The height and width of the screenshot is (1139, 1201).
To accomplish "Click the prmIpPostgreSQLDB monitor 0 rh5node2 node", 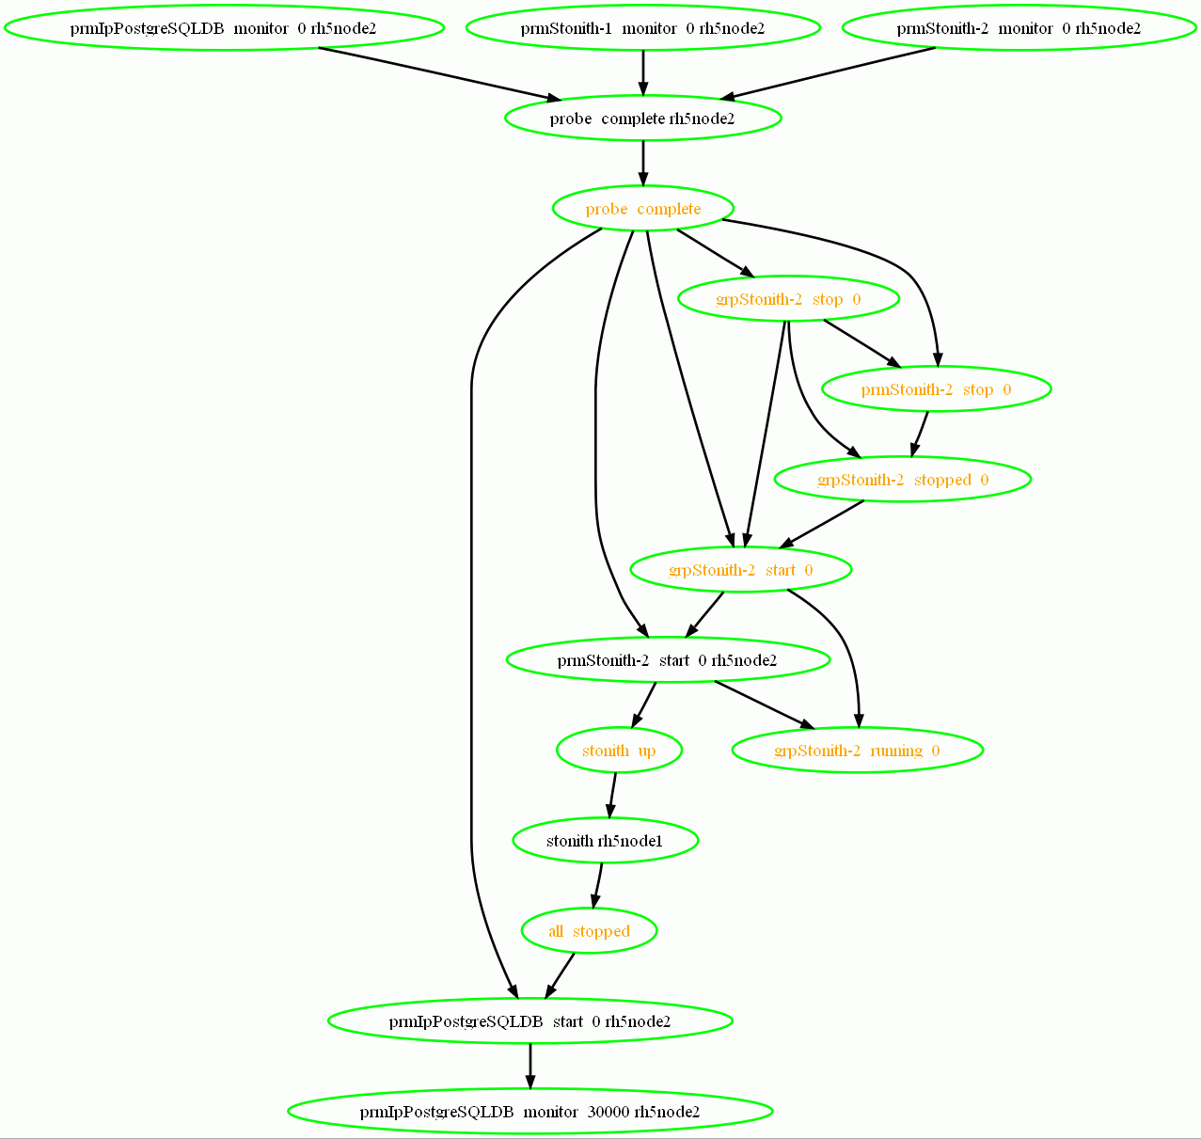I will [x=223, y=28].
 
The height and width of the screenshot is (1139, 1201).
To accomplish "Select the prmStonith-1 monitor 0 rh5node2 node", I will [x=642, y=28].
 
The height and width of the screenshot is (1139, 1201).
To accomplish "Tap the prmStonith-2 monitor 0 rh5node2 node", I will [x=1019, y=28].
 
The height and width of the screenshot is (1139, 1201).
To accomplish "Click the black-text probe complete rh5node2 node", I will [x=642, y=119].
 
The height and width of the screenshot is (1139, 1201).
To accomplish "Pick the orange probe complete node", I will [x=642, y=209].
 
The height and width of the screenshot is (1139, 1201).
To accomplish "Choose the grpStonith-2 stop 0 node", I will [x=788, y=299].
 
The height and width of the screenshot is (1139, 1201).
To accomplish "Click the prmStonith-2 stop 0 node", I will [x=936, y=389].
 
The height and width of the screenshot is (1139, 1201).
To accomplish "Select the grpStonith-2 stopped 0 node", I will [x=903, y=480].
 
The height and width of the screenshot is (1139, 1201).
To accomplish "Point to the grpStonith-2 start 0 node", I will [x=741, y=570].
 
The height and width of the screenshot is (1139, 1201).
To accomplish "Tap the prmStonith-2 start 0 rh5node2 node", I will [x=668, y=660].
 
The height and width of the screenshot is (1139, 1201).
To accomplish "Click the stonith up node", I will [x=619, y=751].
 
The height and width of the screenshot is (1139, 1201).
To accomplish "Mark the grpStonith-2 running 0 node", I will [x=857, y=751].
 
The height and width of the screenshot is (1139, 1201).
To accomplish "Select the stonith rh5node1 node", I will [x=605, y=841].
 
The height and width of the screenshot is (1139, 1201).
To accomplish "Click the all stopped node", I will [x=589, y=931].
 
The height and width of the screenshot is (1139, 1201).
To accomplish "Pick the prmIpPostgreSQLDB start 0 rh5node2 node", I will [x=529, y=1021].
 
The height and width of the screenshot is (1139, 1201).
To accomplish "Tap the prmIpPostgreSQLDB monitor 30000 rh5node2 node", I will [x=529, y=1112].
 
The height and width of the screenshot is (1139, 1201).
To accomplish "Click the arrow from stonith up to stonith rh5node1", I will [x=612, y=796].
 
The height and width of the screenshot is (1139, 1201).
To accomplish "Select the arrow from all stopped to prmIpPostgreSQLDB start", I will [x=561, y=974].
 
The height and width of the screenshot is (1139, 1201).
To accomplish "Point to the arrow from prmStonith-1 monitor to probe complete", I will [x=642, y=71].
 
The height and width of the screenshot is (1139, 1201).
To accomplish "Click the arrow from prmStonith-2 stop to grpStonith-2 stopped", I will [x=920, y=434].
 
